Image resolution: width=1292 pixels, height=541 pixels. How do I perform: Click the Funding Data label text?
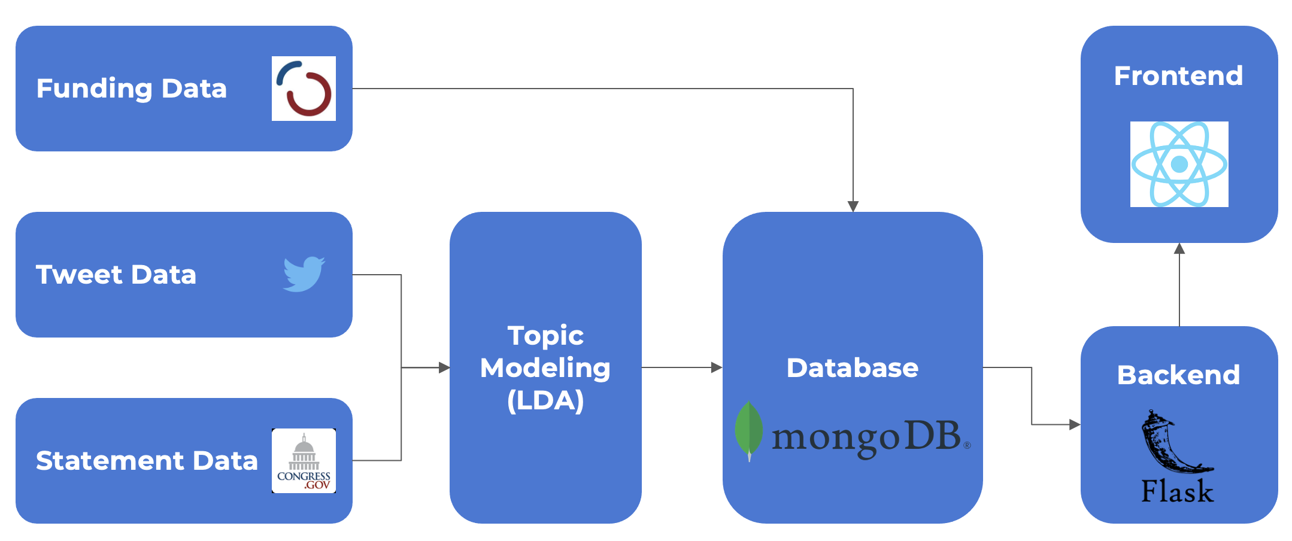(x=132, y=89)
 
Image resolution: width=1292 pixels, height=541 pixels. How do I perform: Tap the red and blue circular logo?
(x=304, y=89)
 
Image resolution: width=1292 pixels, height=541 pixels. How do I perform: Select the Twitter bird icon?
(x=304, y=274)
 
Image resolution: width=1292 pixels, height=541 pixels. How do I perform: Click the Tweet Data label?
(x=116, y=275)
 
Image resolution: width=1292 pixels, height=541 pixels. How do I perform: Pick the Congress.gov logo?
(x=304, y=461)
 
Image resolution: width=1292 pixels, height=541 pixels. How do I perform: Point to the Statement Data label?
(x=147, y=461)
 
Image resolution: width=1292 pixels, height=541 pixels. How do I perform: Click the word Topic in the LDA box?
(x=545, y=336)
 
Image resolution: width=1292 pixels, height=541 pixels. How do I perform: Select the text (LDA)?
(x=545, y=400)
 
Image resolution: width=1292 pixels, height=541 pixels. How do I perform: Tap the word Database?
(x=852, y=367)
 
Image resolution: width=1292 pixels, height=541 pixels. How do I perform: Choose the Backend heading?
(x=1178, y=375)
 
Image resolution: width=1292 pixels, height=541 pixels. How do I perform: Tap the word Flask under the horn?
(x=1177, y=491)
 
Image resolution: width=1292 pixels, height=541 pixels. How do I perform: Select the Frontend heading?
(x=1178, y=76)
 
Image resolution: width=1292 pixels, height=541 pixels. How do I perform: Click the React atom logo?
(x=1179, y=164)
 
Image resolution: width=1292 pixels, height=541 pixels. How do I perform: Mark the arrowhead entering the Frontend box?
(x=1179, y=248)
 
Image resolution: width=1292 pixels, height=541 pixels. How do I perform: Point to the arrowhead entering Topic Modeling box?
(x=444, y=367)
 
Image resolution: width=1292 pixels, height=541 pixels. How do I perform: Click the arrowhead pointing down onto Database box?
(x=853, y=206)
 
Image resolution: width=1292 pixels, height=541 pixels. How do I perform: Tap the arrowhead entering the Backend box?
(x=1075, y=425)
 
